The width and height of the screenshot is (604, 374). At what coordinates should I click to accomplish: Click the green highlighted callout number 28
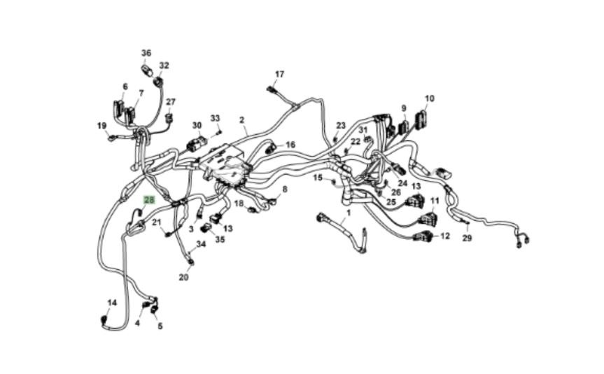click(148, 199)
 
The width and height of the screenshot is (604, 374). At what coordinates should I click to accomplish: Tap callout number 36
click(146, 53)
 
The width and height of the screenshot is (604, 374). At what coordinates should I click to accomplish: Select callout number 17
click(279, 74)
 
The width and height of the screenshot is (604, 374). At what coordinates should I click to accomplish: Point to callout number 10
click(429, 99)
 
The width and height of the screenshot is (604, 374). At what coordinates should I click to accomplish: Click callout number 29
click(468, 238)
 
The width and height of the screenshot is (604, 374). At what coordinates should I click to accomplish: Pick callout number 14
click(111, 303)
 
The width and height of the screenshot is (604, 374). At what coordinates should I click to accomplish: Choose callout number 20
click(184, 277)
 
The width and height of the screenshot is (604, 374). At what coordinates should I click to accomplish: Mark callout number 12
click(445, 236)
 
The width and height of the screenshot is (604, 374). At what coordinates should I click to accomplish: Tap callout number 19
click(101, 126)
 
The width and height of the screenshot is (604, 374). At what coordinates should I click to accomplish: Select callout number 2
click(242, 120)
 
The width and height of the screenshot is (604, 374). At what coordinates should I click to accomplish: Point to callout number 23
click(341, 126)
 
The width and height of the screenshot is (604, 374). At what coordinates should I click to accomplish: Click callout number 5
click(160, 326)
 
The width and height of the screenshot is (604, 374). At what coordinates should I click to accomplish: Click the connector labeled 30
click(195, 145)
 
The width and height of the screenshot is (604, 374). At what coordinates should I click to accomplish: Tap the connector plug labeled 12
click(423, 236)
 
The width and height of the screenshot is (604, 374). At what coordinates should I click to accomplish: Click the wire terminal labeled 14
click(105, 321)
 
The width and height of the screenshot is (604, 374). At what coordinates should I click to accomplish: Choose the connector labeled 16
click(270, 149)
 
